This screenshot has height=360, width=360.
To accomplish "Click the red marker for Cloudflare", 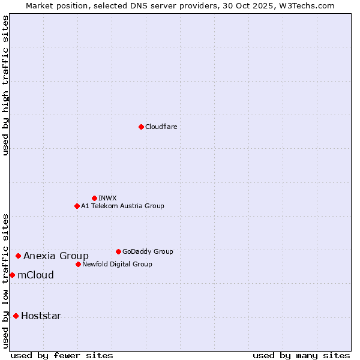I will (x=141, y=127).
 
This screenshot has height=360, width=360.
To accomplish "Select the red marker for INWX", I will (x=94, y=198).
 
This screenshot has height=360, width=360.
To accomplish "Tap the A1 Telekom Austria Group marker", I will (x=77, y=206).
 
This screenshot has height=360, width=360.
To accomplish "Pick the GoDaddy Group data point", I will (x=118, y=251).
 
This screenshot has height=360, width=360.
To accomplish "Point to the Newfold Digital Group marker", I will (x=78, y=264).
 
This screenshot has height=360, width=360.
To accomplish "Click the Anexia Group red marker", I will (x=18, y=256).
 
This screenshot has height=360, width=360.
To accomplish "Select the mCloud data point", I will (x=12, y=275).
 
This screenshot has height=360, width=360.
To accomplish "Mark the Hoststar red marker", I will (x=16, y=316).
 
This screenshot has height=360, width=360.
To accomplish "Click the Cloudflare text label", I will (x=161, y=127).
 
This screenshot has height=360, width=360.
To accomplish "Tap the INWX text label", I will (x=107, y=198).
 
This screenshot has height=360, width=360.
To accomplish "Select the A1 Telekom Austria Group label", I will (x=122, y=206).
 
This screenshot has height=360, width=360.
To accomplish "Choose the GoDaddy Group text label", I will (x=148, y=251).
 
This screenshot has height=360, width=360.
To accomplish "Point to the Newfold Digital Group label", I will (x=117, y=264).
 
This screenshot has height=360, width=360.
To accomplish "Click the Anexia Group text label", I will (x=56, y=256).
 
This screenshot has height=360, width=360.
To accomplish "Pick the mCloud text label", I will (x=35, y=275).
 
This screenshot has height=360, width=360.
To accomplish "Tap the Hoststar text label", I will (x=41, y=316).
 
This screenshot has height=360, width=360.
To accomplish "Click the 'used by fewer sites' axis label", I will (x=62, y=355).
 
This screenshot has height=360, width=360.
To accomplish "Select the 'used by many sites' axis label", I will (x=301, y=355).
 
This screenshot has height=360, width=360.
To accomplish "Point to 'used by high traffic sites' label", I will (x=5, y=85).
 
